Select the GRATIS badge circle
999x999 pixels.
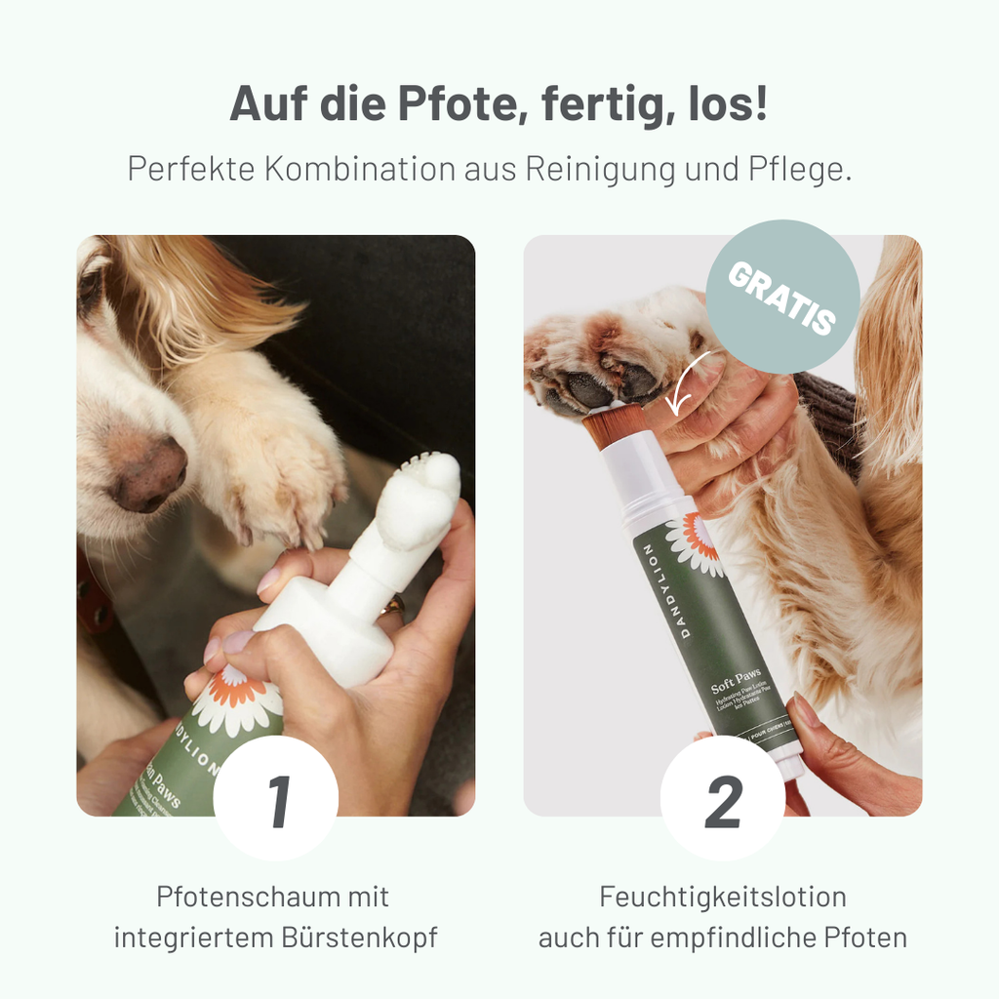tap(783, 296)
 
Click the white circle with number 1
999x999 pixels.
tap(276, 798)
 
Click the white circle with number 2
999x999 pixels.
tap(723, 798)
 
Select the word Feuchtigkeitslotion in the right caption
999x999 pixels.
tap(723, 897)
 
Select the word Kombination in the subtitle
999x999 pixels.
tap(359, 168)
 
